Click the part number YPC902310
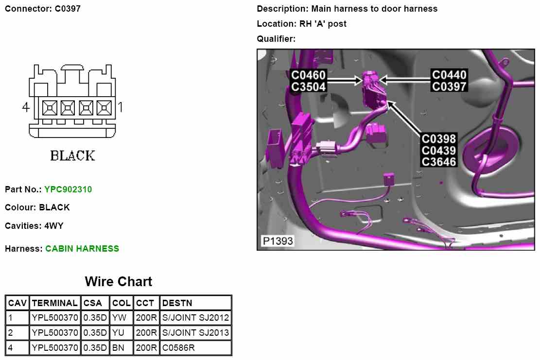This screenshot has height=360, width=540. pyautogui.click(x=68, y=189)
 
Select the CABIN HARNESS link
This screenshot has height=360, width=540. pyautogui.click(x=82, y=249)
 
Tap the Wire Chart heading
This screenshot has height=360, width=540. pyautogui.click(x=118, y=282)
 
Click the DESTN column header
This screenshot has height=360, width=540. pyautogui.click(x=177, y=303)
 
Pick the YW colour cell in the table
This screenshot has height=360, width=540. pyautogui.click(x=120, y=318)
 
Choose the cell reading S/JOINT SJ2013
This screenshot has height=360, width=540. pyautogui.click(x=195, y=333)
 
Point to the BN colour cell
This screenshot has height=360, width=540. pyautogui.click(x=119, y=348)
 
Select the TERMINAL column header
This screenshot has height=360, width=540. pyautogui.click(x=54, y=303)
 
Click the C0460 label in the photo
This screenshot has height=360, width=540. pyautogui.click(x=309, y=75)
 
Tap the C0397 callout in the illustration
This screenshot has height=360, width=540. pyautogui.click(x=450, y=86)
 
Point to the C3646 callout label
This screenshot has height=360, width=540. pyautogui.click(x=439, y=161)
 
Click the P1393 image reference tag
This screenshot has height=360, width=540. pyautogui.click(x=278, y=241)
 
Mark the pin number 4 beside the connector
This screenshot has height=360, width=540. pyautogui.click(x=26, y=107)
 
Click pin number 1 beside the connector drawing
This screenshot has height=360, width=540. pyautogui.click(x=120, y=107)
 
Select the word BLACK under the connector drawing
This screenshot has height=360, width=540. pyautogui.click(x=72, y=156)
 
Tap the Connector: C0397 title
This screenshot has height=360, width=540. pyautogui.click(x=43, y=9)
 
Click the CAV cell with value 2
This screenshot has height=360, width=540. pyautogui.click(x=11, y=333)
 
